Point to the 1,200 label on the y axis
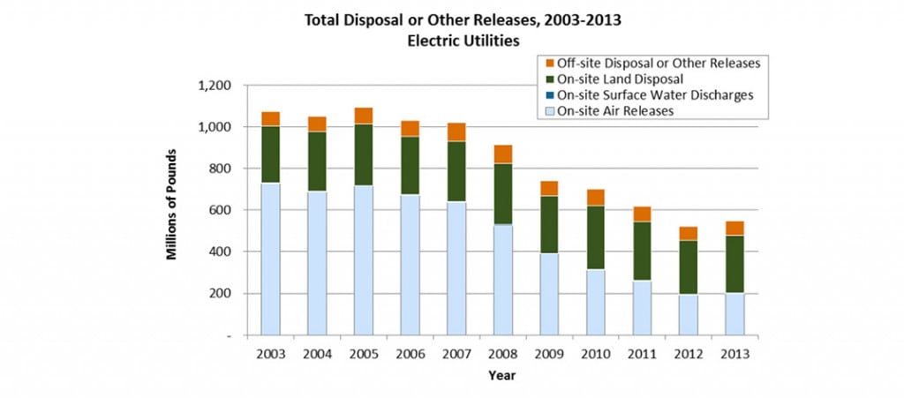point(214,86)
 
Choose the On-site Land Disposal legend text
point(615,79)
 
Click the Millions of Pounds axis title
point(173,209)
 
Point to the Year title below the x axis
point(502,375)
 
